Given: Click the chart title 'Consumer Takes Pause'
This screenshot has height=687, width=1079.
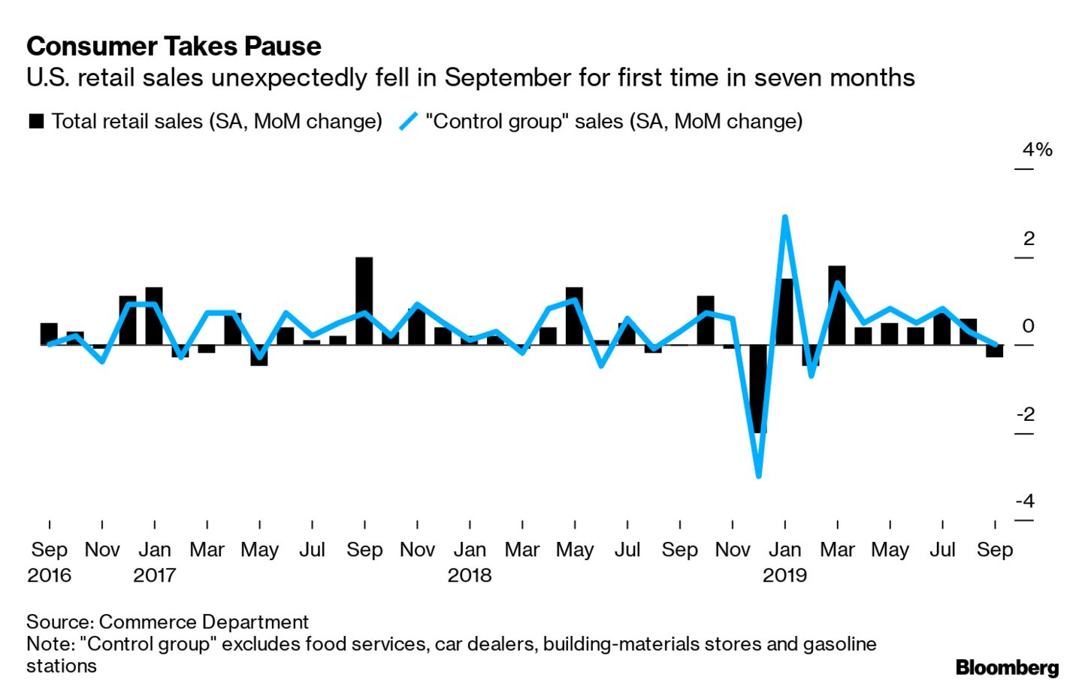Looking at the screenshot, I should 174,47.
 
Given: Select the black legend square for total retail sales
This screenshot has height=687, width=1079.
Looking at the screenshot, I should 36,121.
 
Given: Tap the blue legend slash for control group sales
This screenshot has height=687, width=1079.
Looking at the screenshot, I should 408,121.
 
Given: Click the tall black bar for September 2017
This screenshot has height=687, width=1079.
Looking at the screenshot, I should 364,301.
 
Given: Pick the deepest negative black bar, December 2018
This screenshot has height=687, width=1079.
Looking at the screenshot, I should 758,388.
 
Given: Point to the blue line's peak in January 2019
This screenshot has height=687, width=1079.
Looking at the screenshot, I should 784,218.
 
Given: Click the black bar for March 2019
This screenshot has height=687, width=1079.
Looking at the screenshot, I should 837,304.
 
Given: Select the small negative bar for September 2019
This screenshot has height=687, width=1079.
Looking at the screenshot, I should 995,351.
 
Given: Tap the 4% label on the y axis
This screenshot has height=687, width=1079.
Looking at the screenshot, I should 1037,150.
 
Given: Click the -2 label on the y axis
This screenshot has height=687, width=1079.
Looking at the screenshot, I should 1026,414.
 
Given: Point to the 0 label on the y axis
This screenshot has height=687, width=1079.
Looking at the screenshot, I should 1029,326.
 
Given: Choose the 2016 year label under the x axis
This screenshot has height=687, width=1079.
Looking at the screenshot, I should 49,575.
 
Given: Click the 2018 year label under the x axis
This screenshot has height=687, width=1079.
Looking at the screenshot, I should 470,575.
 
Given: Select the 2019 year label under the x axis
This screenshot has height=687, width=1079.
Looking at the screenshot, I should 784,575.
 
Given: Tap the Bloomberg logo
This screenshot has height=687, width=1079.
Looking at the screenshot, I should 1007,667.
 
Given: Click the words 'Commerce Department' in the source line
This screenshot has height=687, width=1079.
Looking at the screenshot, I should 204,622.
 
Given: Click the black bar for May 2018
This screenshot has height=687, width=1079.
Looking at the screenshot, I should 574,316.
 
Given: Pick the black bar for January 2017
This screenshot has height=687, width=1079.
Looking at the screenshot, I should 154,316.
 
